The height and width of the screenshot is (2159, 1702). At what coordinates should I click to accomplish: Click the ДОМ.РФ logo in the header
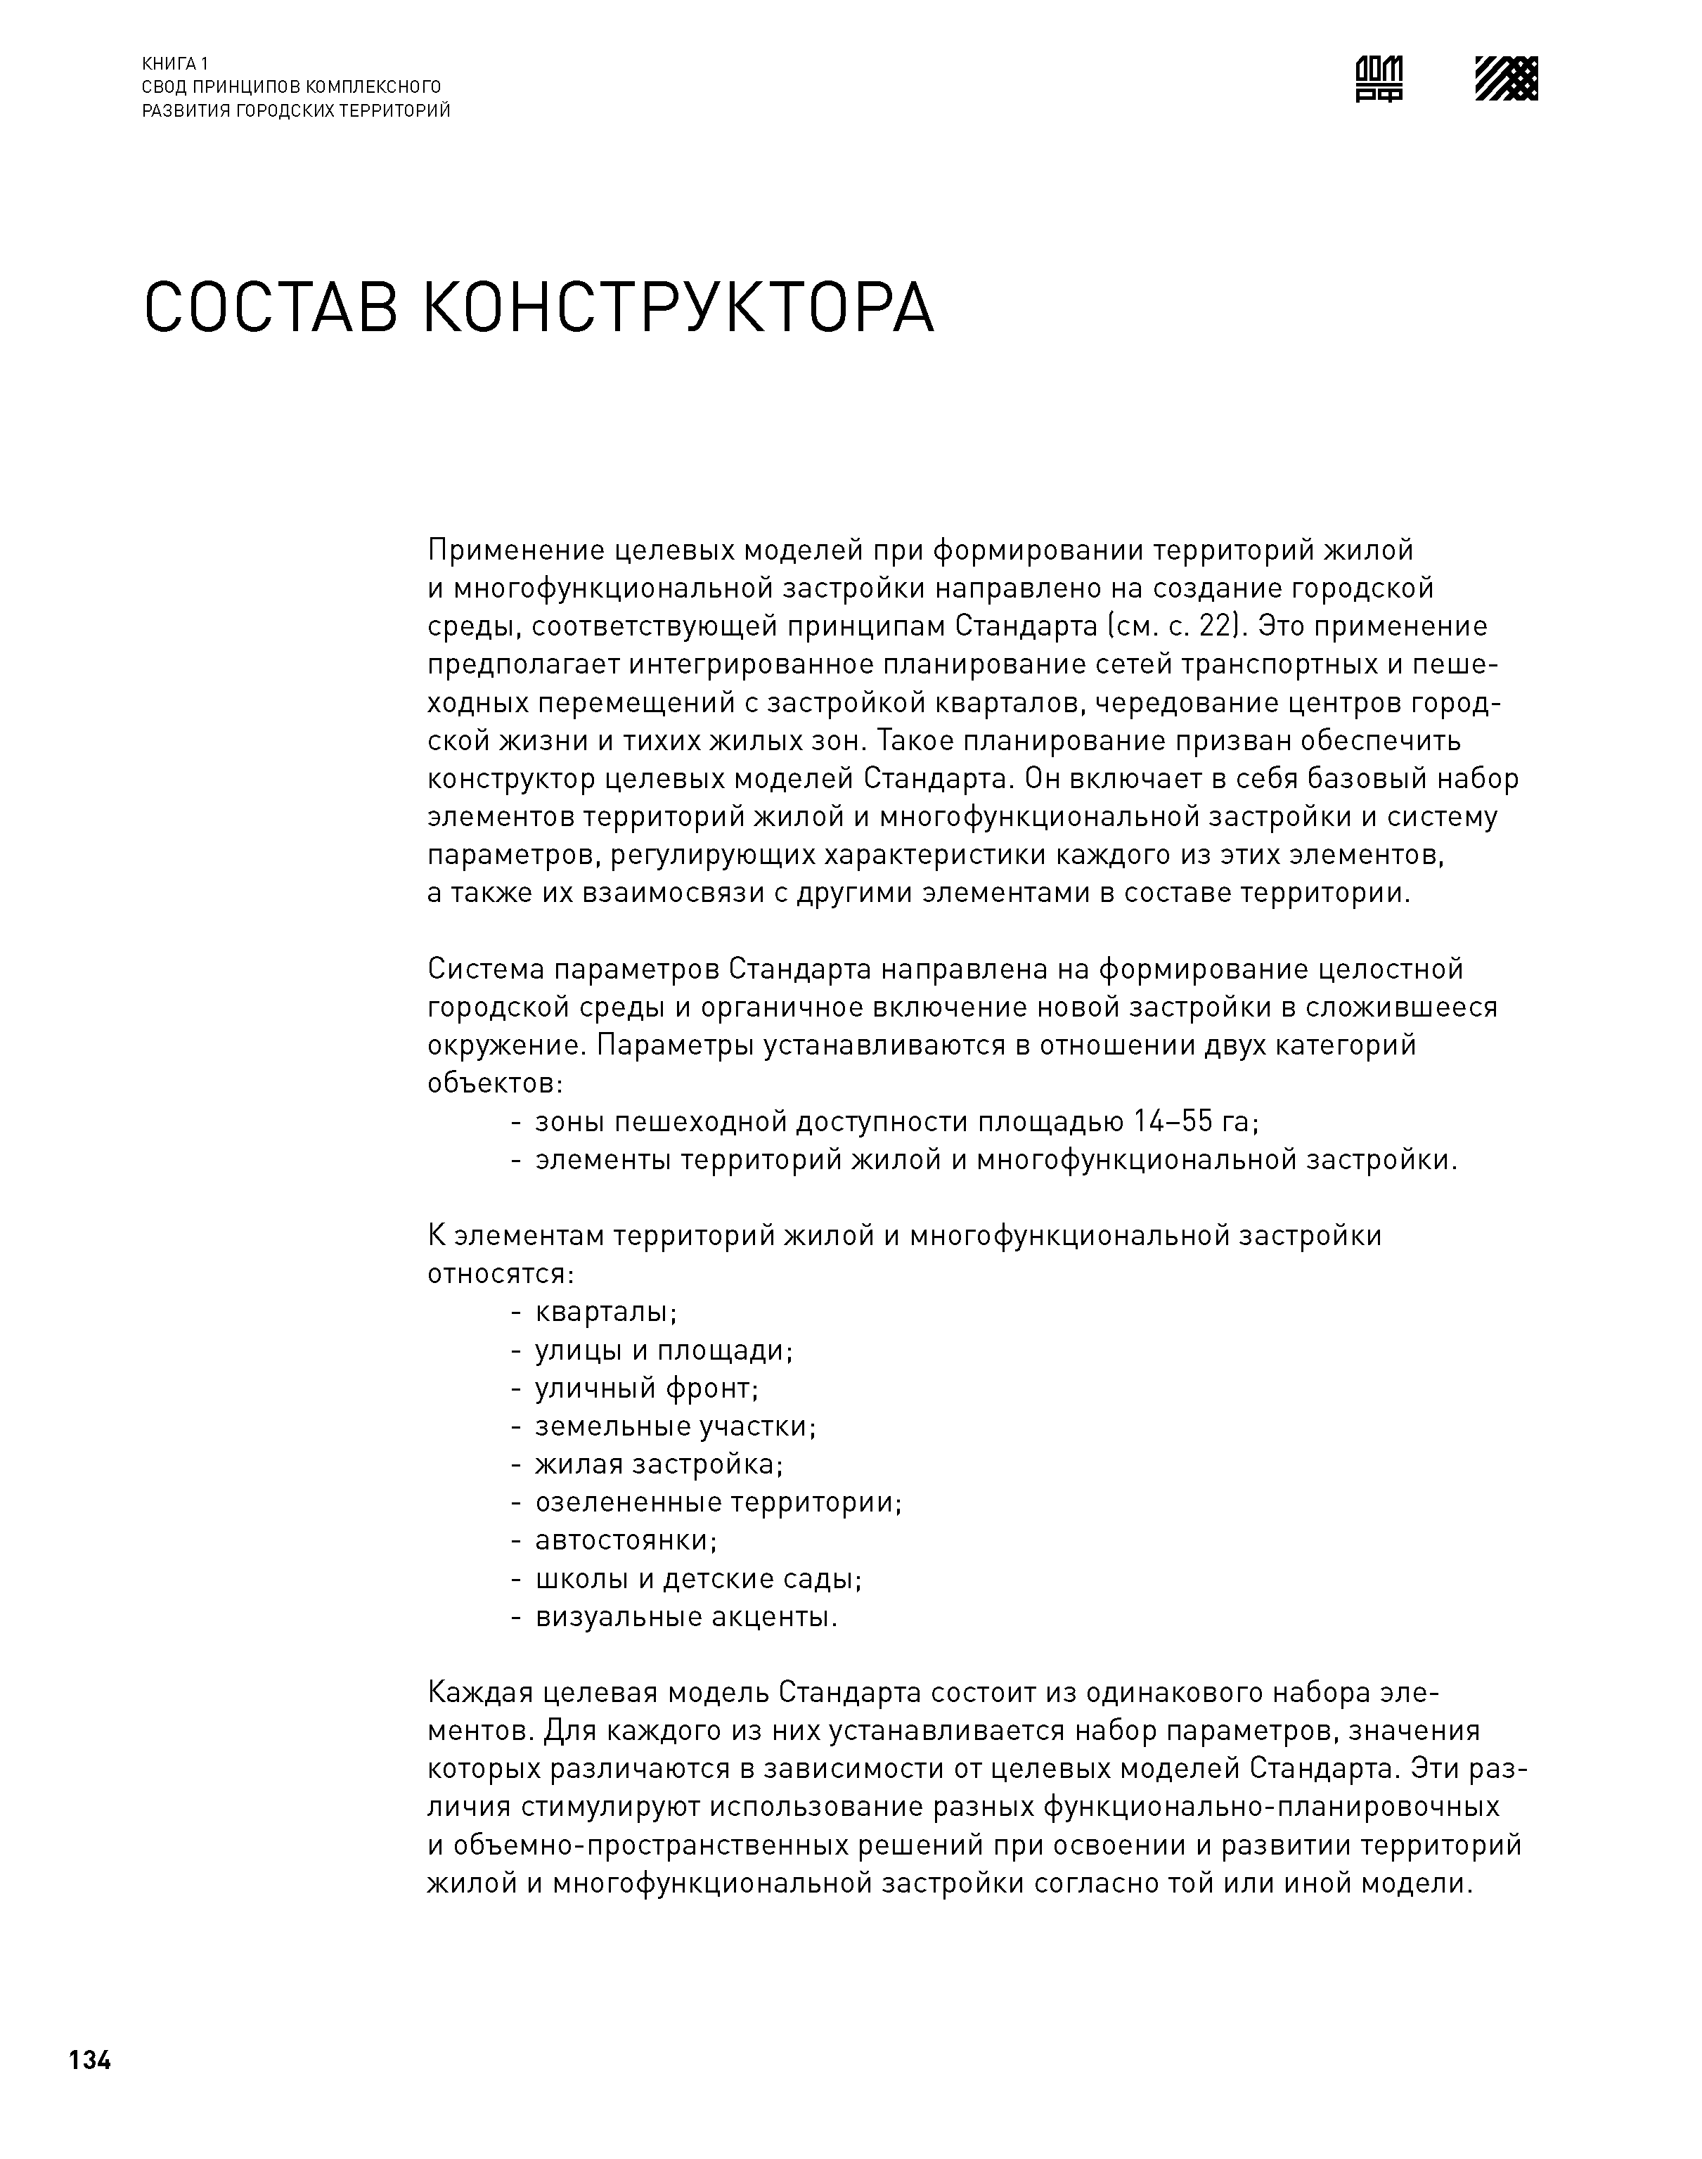(1379, 79)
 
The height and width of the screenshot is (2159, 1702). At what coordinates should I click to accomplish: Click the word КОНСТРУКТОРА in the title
(678, 308)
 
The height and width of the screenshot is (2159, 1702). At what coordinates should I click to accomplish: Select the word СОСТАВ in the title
(271, 308)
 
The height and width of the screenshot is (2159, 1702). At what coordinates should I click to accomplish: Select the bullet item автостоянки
(625, 1540)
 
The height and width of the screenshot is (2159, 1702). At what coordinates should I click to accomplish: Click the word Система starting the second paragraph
(484, 969)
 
